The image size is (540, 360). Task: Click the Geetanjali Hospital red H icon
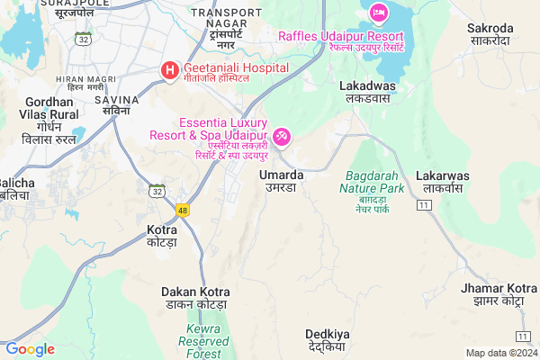click(x=168, y=69)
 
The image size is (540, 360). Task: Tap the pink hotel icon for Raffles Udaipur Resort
click(x=378, y=13)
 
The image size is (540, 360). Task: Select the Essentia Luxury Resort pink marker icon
click(x=282, y=136)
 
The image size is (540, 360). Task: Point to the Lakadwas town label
click(x=364, y=90)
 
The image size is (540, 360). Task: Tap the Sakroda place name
click(x=490, y=35)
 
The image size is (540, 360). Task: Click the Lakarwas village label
click(x=439, y=183)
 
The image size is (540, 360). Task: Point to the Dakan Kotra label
click(x=195, y=299)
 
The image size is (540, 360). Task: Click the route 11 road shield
click(x=423, y=206)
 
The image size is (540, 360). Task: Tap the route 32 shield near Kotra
click(x=157, y=191)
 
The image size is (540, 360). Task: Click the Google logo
click(x=30, y=349)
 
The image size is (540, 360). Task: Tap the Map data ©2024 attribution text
click(x=500, y=353)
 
